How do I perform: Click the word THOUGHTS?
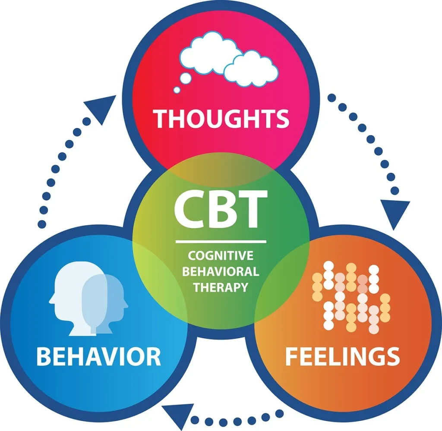tap(221, 118)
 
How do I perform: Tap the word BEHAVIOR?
tap(98, 356)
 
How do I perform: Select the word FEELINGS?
tap(342, 356)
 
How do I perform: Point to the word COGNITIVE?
tap(221, 255)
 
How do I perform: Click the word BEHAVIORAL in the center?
tap(221, 271)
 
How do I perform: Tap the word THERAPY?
tap(221, 287)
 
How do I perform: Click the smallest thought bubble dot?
tap(177, 90)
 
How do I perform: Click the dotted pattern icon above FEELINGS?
tap(351, 298)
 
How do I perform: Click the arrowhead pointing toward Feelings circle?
tap(395, 214)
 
